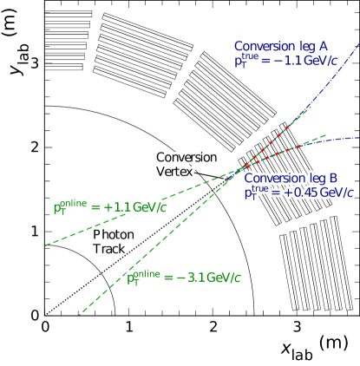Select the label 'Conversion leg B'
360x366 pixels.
click(290, 178)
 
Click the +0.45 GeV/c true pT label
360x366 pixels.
click(299, 193)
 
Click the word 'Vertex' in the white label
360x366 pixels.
click(174, 172)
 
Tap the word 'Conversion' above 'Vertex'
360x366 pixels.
click(187, 158)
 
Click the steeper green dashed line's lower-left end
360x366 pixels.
click(80, 313)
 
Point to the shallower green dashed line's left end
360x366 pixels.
click(46, 245)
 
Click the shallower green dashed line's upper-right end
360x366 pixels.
click(324, 135)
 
